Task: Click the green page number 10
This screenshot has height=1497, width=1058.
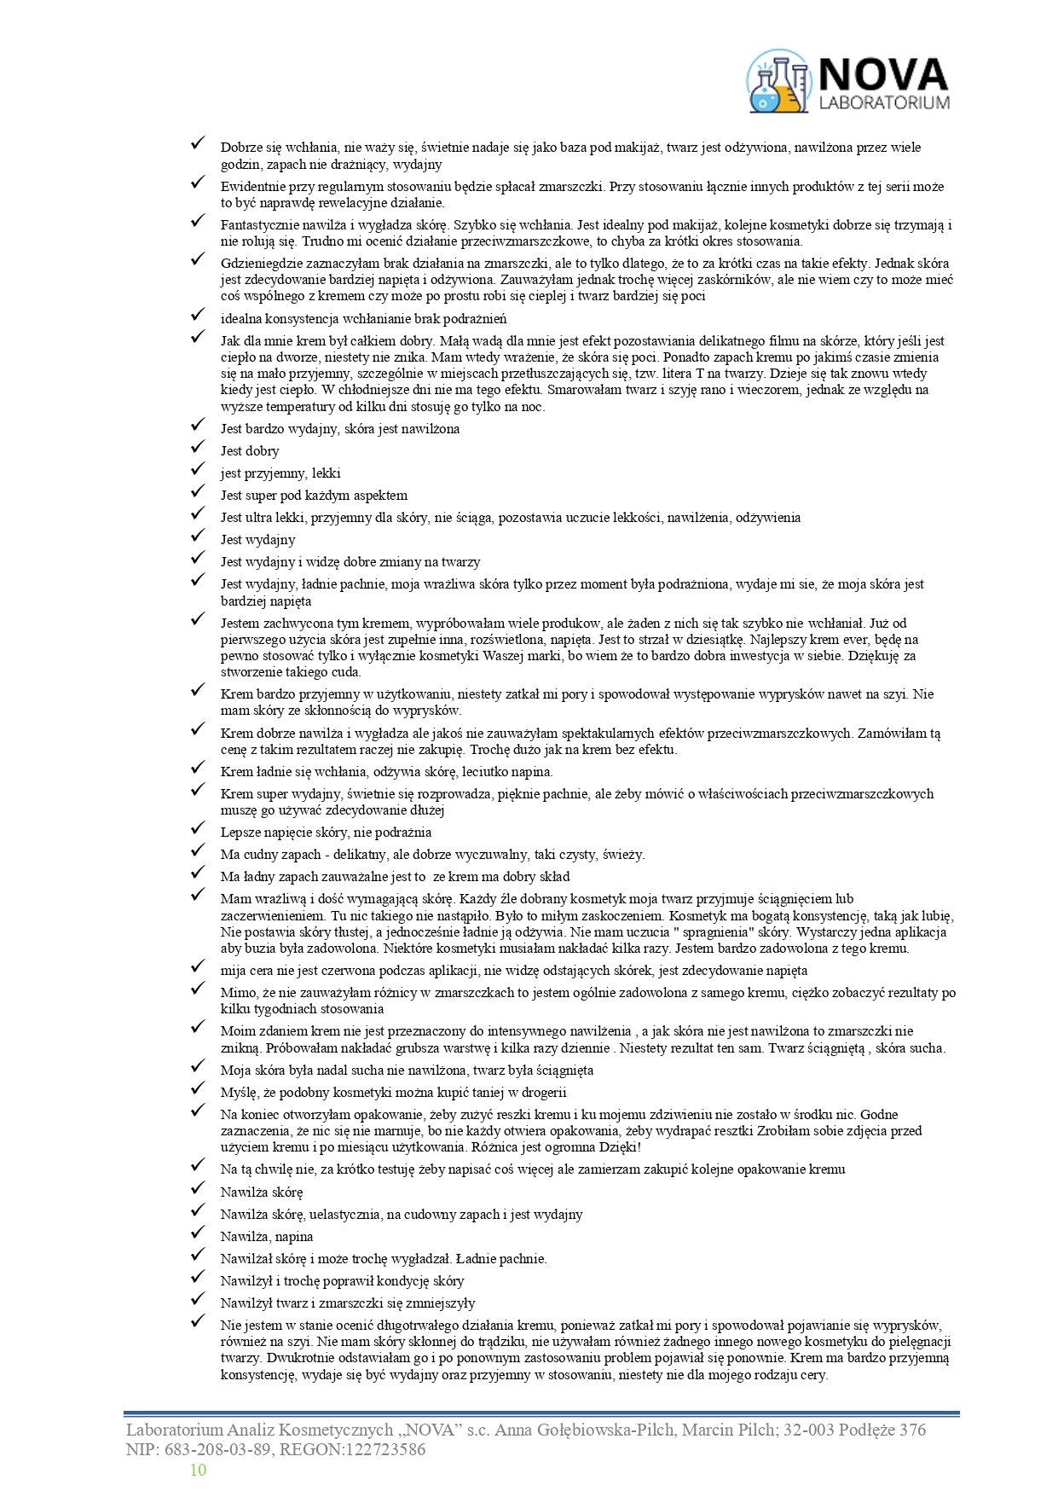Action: point(198,1470)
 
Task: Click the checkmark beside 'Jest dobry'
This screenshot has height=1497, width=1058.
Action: point(198,448)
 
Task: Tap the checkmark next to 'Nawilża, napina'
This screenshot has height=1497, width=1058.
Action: point(198,1233)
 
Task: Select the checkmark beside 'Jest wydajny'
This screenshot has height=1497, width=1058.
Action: point(198,537)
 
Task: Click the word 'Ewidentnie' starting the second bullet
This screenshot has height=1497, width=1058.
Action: point(252,187)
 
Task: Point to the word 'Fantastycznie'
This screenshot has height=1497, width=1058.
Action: point(258,225)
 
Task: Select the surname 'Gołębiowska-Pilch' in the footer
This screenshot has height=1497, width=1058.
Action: point(604,1430)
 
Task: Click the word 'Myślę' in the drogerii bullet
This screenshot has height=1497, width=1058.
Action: point(238,1093)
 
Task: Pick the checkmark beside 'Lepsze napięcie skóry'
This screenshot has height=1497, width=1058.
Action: point(198,829)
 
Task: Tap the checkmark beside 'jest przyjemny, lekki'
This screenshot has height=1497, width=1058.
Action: point(198,470)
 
